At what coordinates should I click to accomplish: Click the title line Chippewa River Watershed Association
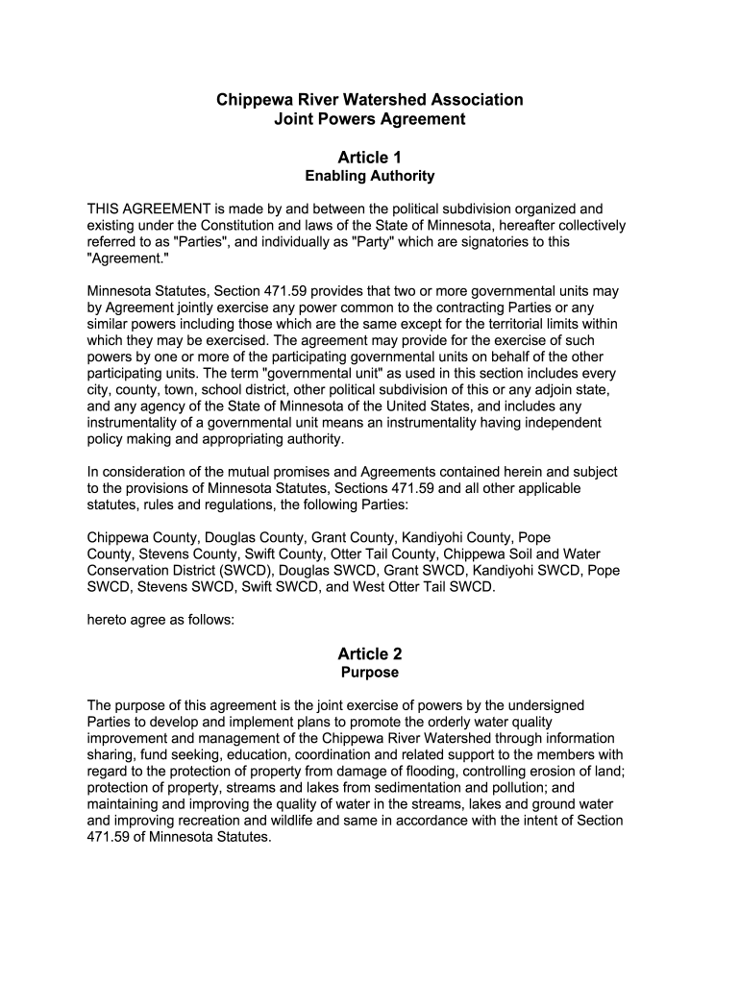coord(369,100)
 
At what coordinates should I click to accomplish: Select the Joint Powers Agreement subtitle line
coord(369,120)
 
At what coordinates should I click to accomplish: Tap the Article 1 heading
coord(369,157)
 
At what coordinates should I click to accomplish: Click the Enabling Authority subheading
coord(369,176)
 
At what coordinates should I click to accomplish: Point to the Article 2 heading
coord(369,653)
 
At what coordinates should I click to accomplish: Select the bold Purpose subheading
coord(369,673)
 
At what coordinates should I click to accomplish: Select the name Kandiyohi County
coord(457,537)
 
